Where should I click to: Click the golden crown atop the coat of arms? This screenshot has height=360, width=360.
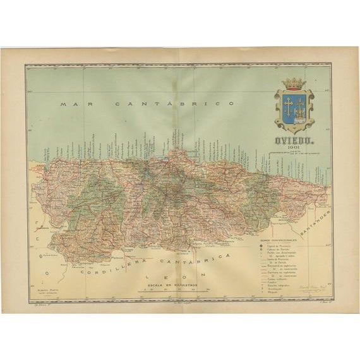point(293,83)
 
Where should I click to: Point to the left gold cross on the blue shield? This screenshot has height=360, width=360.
point(287,104)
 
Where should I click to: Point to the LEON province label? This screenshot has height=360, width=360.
point(173,275)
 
